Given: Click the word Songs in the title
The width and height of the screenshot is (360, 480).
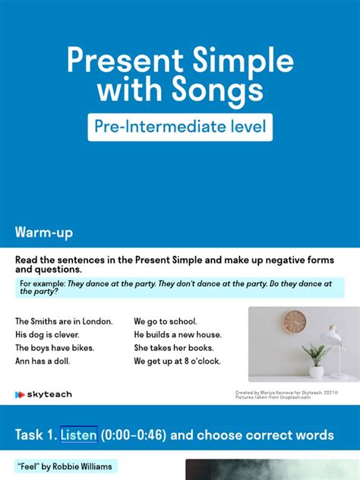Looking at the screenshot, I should click(x=220, y=91).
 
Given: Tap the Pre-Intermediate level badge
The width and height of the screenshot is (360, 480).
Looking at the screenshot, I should click(x=179, y=127).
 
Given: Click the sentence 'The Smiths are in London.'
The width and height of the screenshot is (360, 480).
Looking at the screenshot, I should click(x=64, y=321).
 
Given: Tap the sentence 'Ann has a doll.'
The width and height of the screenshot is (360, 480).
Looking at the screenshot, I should click(x=43, y=361).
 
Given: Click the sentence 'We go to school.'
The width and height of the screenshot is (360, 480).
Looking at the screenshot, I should click(x=166, y=321).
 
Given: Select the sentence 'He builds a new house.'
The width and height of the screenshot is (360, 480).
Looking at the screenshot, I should click(x=178, y=334).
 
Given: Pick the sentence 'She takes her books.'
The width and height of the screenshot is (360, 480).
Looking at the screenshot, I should click(x=173, y=348).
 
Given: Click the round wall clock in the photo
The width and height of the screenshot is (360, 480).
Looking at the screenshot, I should click(x=294, y=321).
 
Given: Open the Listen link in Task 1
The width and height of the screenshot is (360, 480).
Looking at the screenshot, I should click(x=79, y=435).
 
